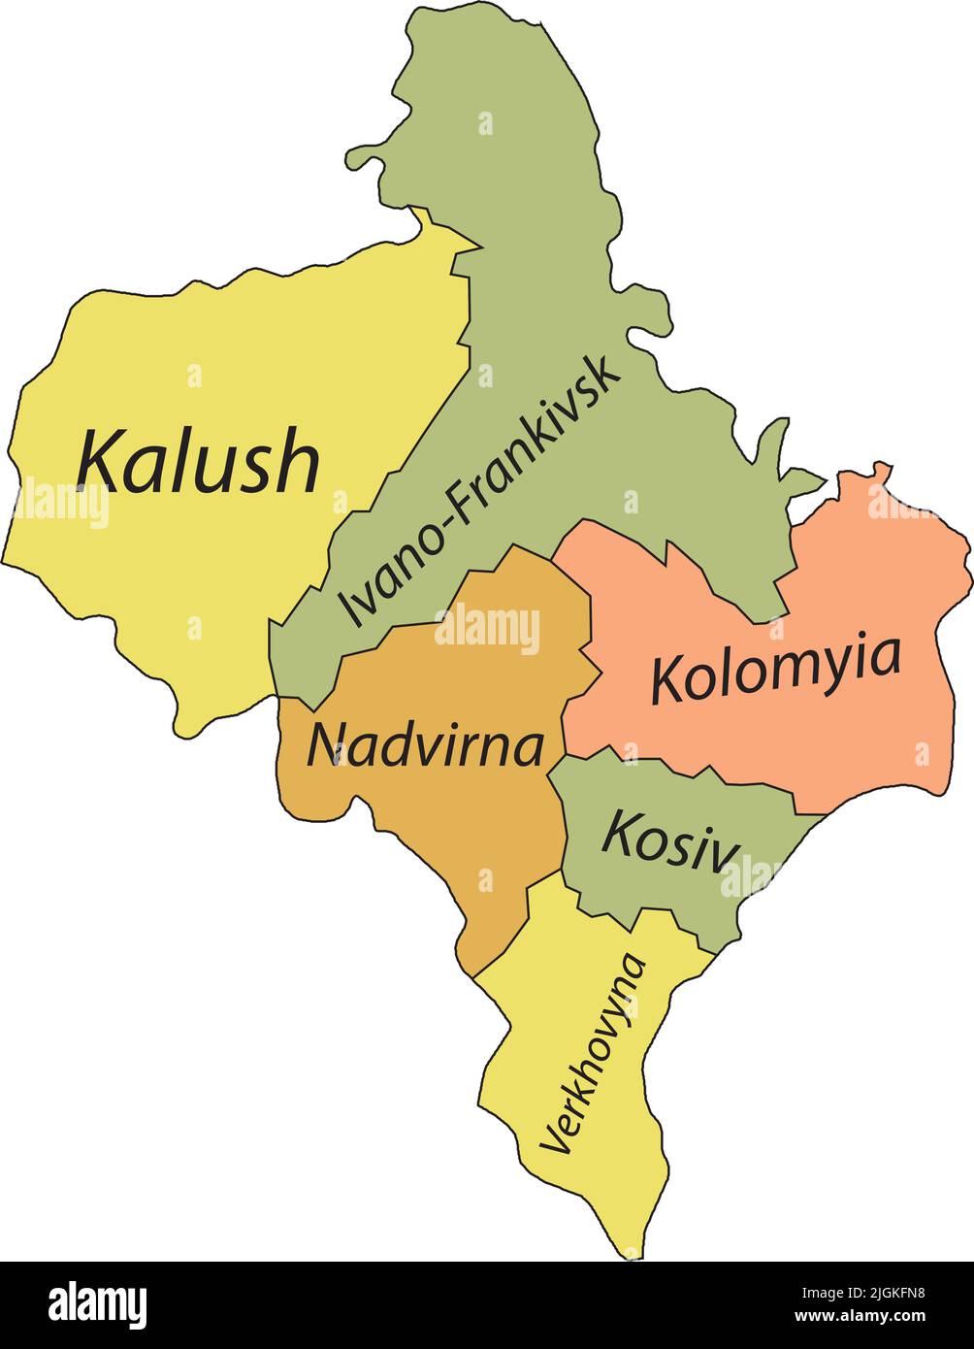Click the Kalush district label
click(198, 460)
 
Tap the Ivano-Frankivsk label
click(480, 492)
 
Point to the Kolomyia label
click(775, 670)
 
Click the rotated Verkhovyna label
click(594, 1053)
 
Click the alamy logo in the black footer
click(98, 1304)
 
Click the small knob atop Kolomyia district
click(880, 471)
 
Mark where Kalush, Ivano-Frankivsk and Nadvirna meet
click(279, 697)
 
